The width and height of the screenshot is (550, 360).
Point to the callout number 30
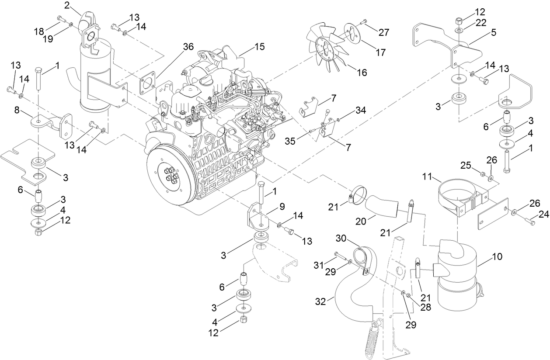(341, 238)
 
